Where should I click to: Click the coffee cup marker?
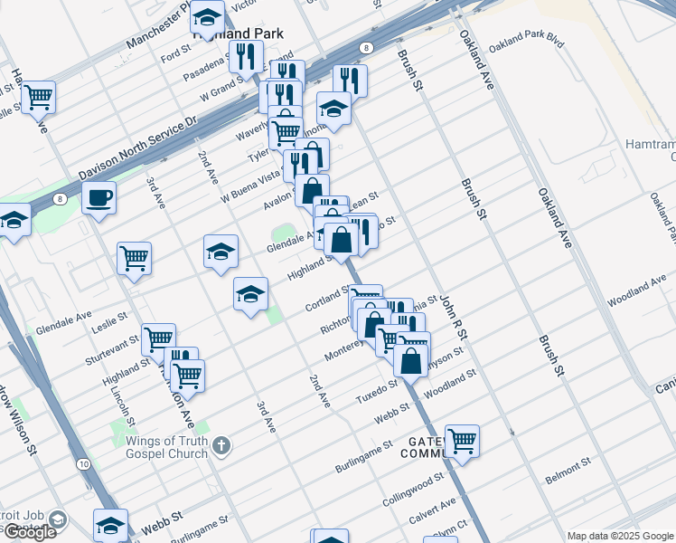coord(99,196)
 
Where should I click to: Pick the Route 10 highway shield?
coord(83,463)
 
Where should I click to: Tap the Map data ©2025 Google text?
coord(620,536)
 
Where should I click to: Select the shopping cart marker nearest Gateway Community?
coord(461,441)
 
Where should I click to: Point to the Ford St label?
coord(176,53)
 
